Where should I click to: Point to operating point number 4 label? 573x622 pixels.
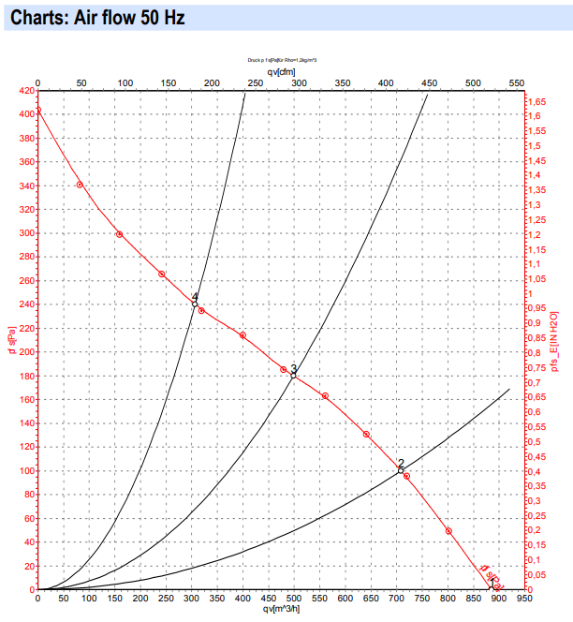pyautogui.click(x=195, y=296)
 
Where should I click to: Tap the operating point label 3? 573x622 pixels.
pyautogui.click(x=293, y=368)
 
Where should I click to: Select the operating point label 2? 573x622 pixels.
pyautogui.click(x=401, y=464)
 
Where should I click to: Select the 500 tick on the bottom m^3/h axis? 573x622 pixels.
pyautogui.click(x=294, y=599)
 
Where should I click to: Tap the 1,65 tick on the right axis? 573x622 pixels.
pyautogui.click(x=538, y=101)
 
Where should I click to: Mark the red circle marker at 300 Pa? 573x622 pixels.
pyautogui.click(x=119, y=234)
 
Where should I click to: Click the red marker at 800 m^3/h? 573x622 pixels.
pyautogui.click(x=448, y=531)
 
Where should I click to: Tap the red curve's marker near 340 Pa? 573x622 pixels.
pyautogui.click(x=80, y=185)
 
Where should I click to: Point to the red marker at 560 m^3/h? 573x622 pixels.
pyautogui.click(x=325, y=396)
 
